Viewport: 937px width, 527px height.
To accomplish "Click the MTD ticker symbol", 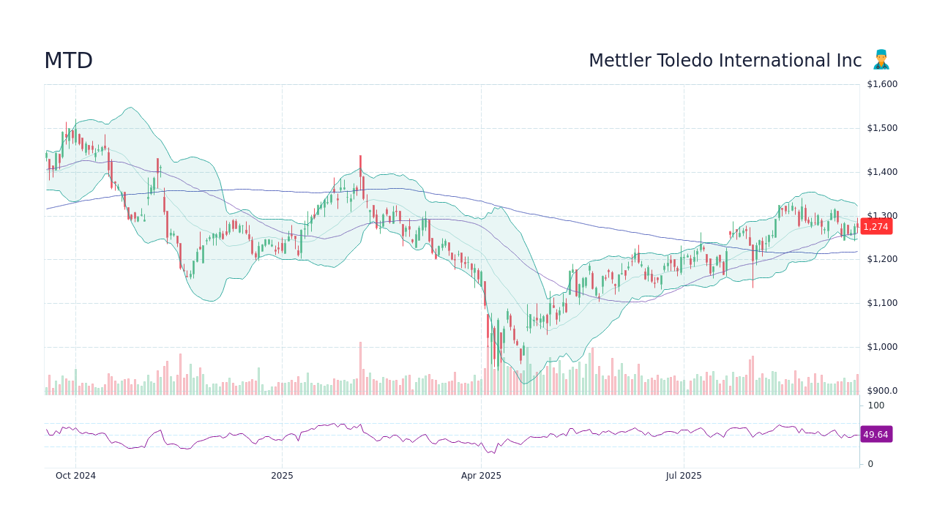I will pyautogui.click(x=68, y=61).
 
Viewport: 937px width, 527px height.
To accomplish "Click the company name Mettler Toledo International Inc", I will pyautogui.click(x=725, y=61).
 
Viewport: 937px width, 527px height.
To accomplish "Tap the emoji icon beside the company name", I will pyautogui.click(x=881, y=60).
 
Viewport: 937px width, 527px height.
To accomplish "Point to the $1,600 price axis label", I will pyautogui.click(x=881, y=84).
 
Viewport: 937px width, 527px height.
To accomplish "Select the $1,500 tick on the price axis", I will pyautogui.click(x=881, y=128).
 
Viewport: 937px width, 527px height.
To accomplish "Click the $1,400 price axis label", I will pyautogui.click(x=881, y=172).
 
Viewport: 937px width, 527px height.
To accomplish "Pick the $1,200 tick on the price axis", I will pyautogui.click(x=881, y=259).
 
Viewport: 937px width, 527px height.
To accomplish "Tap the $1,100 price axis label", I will pyautogui.click(x=881, y=303).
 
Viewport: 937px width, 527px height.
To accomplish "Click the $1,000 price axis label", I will pyautogui.click(x=881, y=347).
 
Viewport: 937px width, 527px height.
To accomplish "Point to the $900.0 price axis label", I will pyautogui.click(x=881, y=391).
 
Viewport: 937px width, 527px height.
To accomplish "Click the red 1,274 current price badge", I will pyautogui.click(x=876, y=227).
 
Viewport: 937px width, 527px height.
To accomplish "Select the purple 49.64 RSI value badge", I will pyautogui.click(x=876, y=435).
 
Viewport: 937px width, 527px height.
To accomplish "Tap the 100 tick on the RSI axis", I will pyautogui.click(x=876, y=405).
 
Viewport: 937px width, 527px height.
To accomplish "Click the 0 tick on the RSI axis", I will pyautogui.click(x=870, y=464).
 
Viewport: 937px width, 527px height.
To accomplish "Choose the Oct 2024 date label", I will pyautogui.click(x=75, y=476).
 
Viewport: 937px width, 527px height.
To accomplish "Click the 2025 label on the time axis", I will pyautogui.click(x=282, y=476).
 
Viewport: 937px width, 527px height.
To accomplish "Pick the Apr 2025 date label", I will pyautogui.click(x=481, y=476).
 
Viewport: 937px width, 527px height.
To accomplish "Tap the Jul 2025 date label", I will pyautogui.click(x=684, y=476).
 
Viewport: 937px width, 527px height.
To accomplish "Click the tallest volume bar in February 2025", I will pyautogui.click(x=360, y=368).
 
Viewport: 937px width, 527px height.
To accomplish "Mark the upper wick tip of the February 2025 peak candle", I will pyautogui.click(x=360, y=156).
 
